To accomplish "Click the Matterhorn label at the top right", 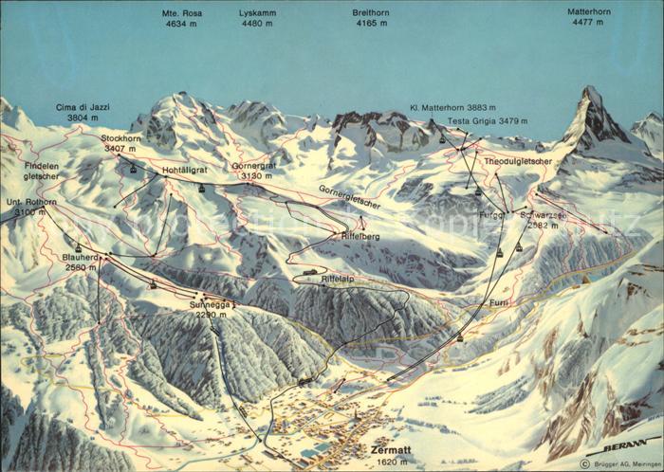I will click(x=589, y=12).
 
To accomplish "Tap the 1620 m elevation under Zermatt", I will click(x=390, y=462).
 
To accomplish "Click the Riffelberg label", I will click(x=360, y=235).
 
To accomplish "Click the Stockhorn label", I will click(x=120, y=137).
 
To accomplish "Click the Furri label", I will click(x=500, y=301).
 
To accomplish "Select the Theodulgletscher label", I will click(x=517, y=162).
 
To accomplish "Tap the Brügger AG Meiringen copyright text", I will click(x=620, y=464).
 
